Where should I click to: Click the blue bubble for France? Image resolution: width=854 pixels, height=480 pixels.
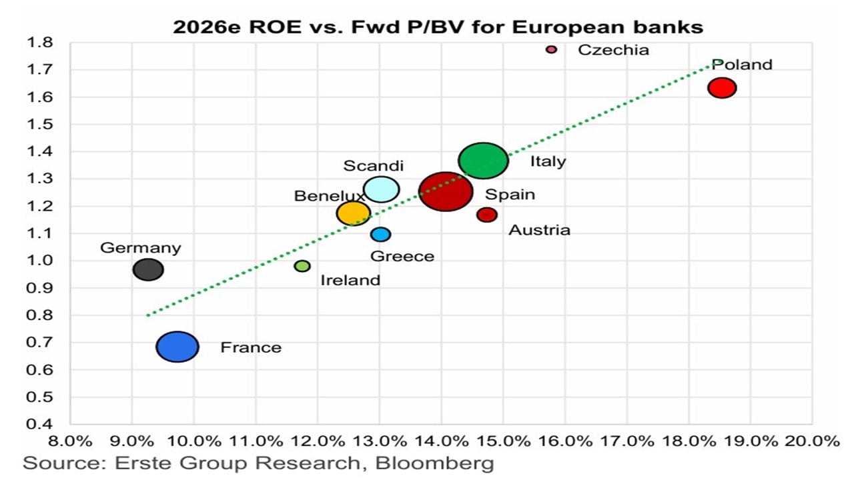(x=177, y=347)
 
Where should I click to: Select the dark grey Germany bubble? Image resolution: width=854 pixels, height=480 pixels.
(x=148, y=270)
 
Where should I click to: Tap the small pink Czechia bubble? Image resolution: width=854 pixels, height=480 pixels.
(x=551, y=49)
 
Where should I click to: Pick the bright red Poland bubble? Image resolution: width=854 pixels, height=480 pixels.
(x=722, y=87)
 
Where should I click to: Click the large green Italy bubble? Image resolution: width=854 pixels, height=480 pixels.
(x=484, y=161)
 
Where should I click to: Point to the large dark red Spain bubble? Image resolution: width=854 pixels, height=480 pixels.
(x=446, y=191)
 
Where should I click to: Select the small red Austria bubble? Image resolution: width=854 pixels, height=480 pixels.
(x=487, y=215)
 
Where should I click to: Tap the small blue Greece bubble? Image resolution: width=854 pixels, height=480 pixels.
(x=380, y=234)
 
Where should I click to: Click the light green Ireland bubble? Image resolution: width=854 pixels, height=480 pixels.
(x=302, y=266)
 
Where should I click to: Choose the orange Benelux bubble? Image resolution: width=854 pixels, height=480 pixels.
(x=353, y=213)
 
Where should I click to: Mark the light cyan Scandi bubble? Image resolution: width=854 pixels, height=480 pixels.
(x=382, y=189)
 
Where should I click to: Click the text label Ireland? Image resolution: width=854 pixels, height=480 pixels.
(x=350, y=280)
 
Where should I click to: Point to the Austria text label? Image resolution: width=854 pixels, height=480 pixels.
(x=539, y=230)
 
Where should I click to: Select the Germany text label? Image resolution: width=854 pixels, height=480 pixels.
(x=140, y=248)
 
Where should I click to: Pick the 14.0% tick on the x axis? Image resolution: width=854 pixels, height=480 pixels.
(x=442, y=441)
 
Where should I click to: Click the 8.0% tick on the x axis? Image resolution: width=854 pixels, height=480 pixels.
(x=70, y=441)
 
